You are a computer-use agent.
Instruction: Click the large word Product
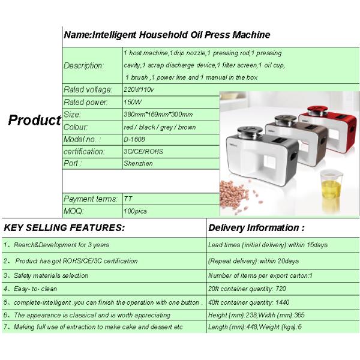(x=34, y=120)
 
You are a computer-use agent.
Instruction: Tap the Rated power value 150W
(x=132, y=103)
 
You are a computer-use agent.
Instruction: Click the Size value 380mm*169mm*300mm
(x=158, y=115)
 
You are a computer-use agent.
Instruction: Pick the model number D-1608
(x=135, y=139)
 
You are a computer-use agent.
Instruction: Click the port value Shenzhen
(x=137, y=163)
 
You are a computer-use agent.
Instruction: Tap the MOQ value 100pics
(x=135, y=211)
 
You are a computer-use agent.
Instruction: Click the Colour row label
(x=76, y=127)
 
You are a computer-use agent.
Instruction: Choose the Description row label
(x=83, y=65)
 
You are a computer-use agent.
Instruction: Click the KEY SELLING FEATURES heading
(x=64, y=228)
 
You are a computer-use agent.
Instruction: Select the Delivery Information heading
(x=256, y=228)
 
